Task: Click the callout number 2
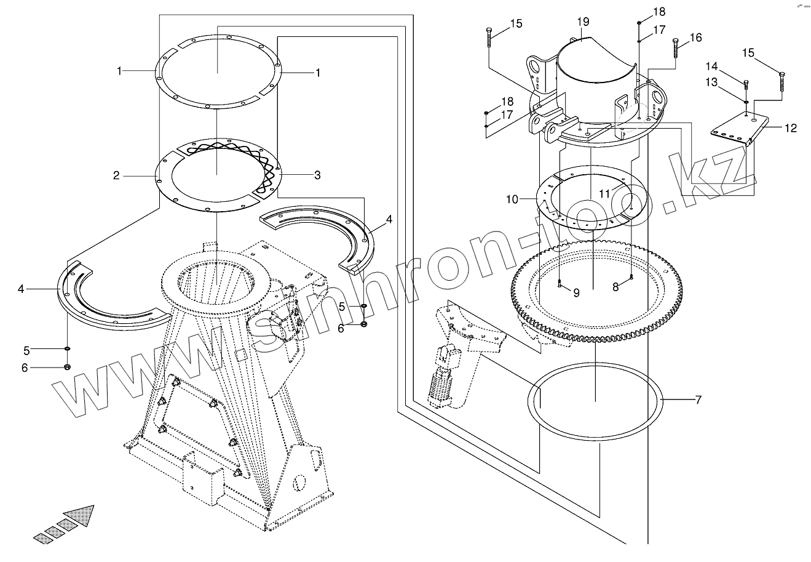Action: click(x=116, y=175)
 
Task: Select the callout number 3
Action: click(x=317, y=175)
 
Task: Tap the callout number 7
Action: click(x=698, y=400)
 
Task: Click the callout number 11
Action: click(x=605, y=193)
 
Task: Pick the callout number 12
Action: click(x=791, y=128)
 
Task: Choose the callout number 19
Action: click(x=583, y=22)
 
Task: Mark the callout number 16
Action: click(x=695, y=38)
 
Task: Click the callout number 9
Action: click(x=576, y=293)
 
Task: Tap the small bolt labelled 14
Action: click(x=746, y=85)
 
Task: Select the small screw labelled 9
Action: click(x=560, y=284)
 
